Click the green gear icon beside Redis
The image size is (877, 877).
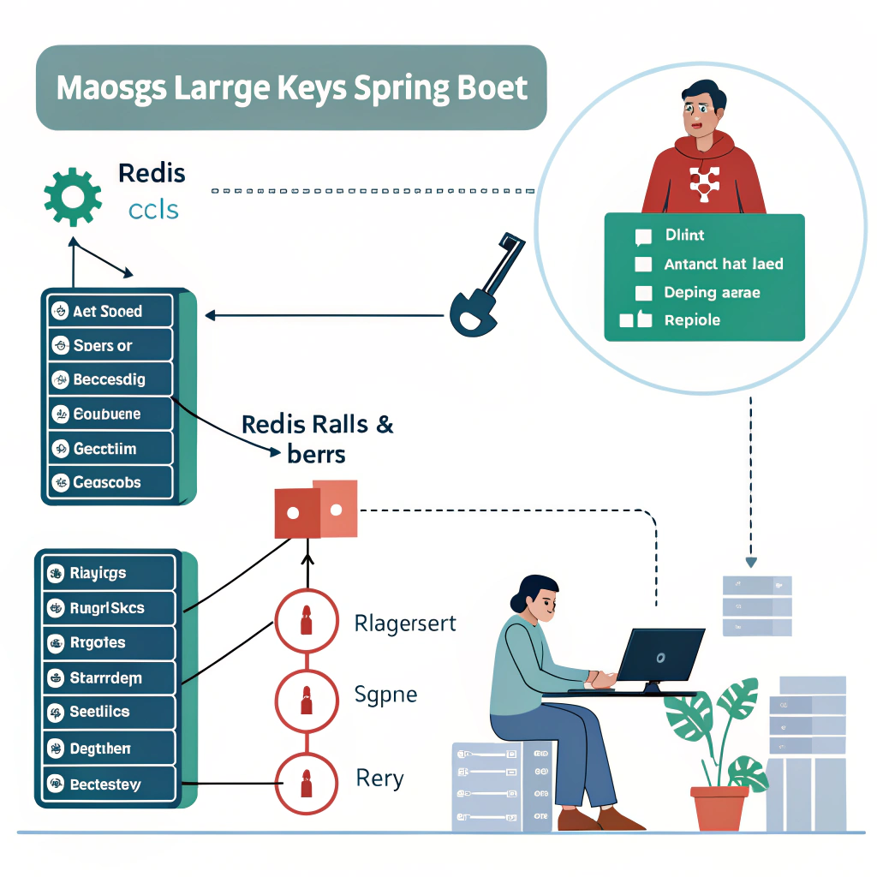pos(73,195)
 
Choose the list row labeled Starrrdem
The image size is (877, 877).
pos(109,678)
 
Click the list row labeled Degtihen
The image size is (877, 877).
pos(109,748)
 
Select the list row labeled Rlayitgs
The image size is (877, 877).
pos(109,573)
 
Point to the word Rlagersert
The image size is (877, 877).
pos(405,623)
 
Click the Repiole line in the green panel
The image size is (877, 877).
pos(692,320)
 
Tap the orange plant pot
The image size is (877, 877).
pos(719,808)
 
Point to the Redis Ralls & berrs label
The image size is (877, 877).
pos(318,437)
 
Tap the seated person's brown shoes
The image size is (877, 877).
pos(600,820)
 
